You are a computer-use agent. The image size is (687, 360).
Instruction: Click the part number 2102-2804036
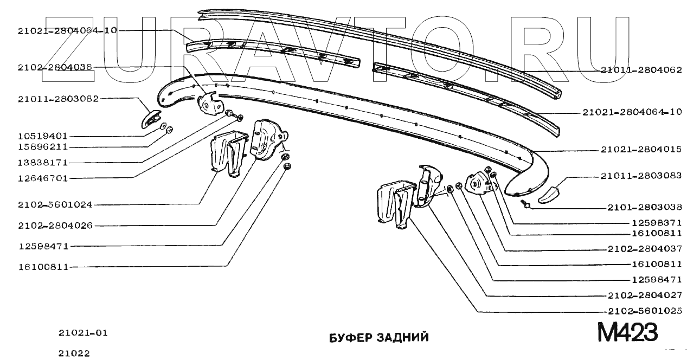[x=54, y=68]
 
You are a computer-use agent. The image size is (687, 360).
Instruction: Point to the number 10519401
[x=42, y=136]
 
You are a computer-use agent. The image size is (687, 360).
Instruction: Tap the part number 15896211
[x=42, y=147]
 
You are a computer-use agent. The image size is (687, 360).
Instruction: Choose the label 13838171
[x=42, y=163]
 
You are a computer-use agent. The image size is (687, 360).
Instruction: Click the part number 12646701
[x=42, y=178]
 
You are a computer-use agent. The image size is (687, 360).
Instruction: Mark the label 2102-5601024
[x=54, y=204]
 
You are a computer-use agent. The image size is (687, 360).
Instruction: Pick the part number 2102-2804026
[x=54, y=225]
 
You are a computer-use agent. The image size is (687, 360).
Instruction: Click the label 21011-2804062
[x=641, y=70]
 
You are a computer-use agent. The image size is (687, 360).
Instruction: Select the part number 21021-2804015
[x=641, y=149]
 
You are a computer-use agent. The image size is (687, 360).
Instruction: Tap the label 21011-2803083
[x=641, y=176]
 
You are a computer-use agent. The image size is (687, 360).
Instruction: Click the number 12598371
[x=657, y=223]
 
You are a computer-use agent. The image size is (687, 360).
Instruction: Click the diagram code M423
[x=627, y=332]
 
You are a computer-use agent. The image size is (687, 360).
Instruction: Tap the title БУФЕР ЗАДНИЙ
[x=379, y=337]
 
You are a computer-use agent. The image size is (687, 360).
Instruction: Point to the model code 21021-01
[x=83, y=332]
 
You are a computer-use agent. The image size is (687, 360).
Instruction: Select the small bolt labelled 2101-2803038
[x=525, y=204]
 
